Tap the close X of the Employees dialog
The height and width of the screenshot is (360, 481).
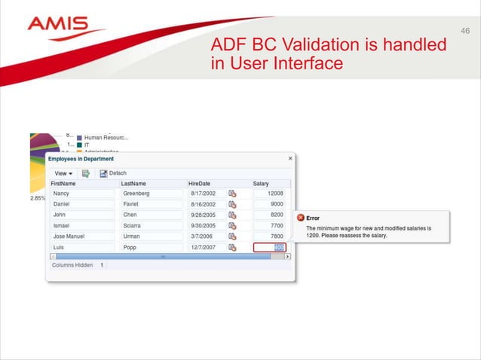tap(290, 159)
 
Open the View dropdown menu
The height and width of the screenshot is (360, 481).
tap(63, 173)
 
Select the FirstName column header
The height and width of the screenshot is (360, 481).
tap(63, 184)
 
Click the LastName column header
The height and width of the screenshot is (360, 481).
tap(133, 184)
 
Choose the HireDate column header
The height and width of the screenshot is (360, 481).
tap(199, 184)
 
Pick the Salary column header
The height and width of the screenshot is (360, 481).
tap(261, 184)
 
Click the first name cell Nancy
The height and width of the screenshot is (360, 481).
tap(62, 194)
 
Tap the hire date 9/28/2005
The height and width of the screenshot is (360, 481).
tap(204, 215)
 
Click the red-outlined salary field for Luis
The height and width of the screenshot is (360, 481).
tap(269, 247)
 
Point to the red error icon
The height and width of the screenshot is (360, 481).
tap(299, 218)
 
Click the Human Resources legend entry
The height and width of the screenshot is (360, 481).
tap(106, 138)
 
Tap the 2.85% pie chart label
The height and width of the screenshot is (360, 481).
tap(37, 198)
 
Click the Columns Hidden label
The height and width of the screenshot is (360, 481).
tap(72, 265)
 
